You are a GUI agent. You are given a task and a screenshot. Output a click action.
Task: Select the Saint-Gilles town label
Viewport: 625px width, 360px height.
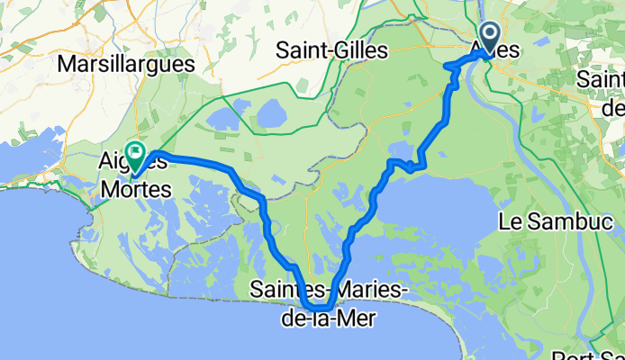coord(332,51)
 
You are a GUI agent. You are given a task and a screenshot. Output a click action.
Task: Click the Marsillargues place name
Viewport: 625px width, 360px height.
coord(125,64)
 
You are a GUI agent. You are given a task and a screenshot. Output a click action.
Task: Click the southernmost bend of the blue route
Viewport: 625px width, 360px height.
coord(320,310)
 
